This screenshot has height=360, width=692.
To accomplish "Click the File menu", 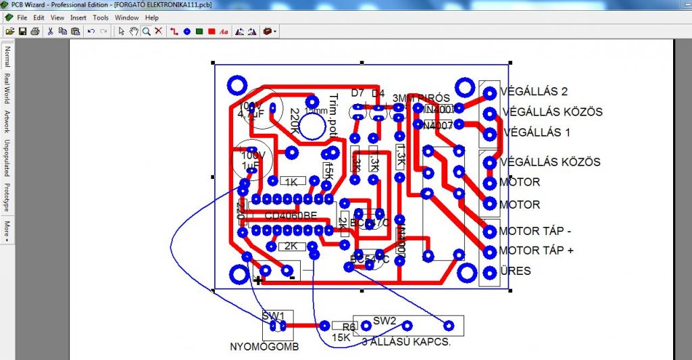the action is tap(22, 18).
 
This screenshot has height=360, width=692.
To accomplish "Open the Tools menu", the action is tap(101, 18).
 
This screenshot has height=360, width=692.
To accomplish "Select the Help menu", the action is tap(151, 18).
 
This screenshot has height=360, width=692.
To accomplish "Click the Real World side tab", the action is tap(7, 87).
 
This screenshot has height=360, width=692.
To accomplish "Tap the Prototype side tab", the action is tap(7, 197).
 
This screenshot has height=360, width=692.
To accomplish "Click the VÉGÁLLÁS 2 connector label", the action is tap(534, 91).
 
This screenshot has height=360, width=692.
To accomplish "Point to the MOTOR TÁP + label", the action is tap(536, 251).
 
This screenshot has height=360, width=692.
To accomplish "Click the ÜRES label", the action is tap(515, 271).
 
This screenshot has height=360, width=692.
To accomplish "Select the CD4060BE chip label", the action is tap(291, 215).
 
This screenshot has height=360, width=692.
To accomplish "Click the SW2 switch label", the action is tap(384, 320).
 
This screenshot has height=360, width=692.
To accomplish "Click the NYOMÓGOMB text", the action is tap(264, 347).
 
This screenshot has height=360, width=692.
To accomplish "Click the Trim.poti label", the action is tap(332, 116).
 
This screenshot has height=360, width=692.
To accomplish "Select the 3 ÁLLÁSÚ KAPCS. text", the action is tap(405, 342).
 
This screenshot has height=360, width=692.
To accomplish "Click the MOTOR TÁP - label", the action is tap(535, 231).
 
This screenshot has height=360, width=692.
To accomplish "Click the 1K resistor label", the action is tap(291, 182).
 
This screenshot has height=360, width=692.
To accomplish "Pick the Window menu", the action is tap(126, 18).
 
